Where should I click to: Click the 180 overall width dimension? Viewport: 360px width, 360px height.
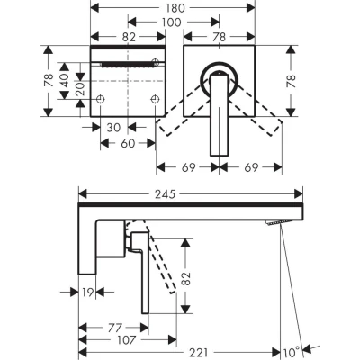[175, 8]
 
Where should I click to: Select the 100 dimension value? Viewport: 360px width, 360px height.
[172, 22]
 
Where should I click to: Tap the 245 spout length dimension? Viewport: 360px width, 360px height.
[165, 194]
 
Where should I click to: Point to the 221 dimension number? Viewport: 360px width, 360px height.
[199, 353]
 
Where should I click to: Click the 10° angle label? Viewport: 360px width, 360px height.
[292, 352]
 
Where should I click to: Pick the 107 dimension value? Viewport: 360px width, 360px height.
[126, 340]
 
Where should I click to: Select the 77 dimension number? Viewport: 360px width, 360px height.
[115, 328]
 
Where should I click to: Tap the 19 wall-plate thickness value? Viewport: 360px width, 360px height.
[87, 292]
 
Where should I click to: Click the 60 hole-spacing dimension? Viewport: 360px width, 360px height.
[128, 143]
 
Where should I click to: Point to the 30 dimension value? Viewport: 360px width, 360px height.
[113, 128]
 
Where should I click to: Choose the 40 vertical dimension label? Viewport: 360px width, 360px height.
[64, 81]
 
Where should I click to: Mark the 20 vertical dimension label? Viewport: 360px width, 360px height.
[80, 89]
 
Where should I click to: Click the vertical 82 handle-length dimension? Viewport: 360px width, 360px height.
[186, 279]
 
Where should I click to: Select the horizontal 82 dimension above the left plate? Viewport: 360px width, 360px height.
[130, 37]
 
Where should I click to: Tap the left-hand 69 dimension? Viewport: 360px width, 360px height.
[189, 167]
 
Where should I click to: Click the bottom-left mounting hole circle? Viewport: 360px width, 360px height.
[100, 99]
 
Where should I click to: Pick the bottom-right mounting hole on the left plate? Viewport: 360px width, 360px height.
[155, 99]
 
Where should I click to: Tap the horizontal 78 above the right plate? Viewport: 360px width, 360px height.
[220, 37]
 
